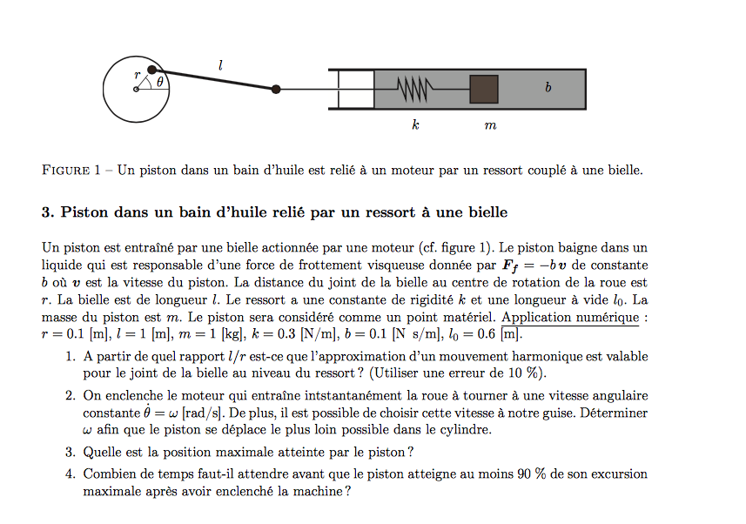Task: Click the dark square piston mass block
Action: click(x=484, y=89)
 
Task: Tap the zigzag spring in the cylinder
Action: click(x=413, y=89)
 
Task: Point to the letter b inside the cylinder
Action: click(x=548, y=88)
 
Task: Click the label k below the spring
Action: click(x=416, y=125)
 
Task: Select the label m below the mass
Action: click(x=490, y=126)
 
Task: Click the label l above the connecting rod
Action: click(x=220, y=64)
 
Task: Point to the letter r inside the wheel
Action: click(x=137, y=76)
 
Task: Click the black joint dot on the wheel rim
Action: click(x=151, y=70)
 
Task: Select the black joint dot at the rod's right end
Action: click(x=276, y=89)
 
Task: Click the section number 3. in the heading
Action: click(x=47, y=212)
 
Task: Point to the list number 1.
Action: click(x=70, y=357)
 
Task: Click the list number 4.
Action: click(x=70, y=474)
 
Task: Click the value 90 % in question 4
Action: click(x=529, y=474)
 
